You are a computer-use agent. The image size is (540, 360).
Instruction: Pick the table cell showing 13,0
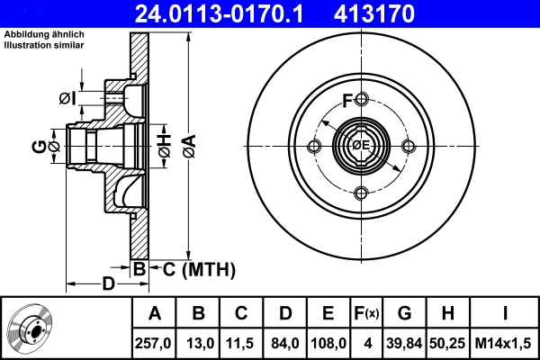coord(199,343)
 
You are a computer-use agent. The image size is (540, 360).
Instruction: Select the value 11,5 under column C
coord(242,343)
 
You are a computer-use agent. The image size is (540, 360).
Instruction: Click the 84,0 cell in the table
coord(285,343)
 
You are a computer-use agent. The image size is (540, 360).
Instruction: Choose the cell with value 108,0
coord(328,343)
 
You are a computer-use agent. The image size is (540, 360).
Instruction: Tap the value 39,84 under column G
coord(405,343)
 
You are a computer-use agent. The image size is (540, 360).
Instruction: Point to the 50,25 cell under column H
coord(448,343)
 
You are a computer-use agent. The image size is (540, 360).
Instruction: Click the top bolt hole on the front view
coord(361,99)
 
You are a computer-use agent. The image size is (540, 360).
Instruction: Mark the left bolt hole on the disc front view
coord(314,147)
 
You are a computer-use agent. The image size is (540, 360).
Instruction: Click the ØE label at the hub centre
coord(361,147)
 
